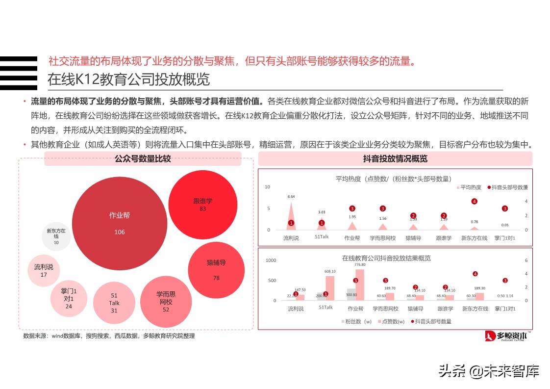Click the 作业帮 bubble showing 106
pyautogui.click(x=119, y=223)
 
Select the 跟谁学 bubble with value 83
pyautogui.click(x=202, y=205)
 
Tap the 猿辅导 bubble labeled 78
pyautogui.click(x=216, y=270)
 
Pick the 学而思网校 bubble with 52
pyautogui.click(x=166, y=301)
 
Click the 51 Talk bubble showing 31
pyautogui.click(x=114, y=303)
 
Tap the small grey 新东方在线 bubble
pyautogui.click(x=56, y=236)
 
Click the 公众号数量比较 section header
pyautogui.click(x=143, y=159)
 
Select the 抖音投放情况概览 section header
pyautogui.click(x=395, y=159)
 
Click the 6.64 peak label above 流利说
pyautogui.click(x=291, y=197)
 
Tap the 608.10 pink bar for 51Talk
pyautogui.click(x=330, y=288)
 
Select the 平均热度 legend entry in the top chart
pyautogui.click(x=469, y=187)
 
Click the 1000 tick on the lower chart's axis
pyautogui.click(x=271, y=260)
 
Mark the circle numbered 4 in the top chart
pyautogui.click(x=474, y=201)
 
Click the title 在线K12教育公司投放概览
pyautogui.click(x=128, y=79)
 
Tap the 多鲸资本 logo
pyautogui.click(x=506, y=336)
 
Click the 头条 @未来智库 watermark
pyautogui.click(x=488, y=371)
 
